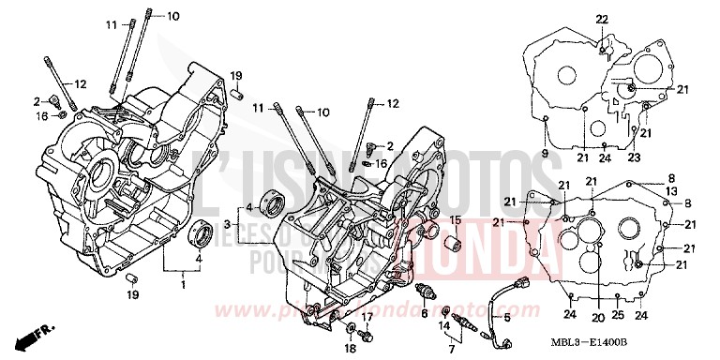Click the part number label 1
(x=184, y=283)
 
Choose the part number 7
(x=450, y=349)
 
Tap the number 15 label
(x=455, y=220)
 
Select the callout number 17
(x=367, y=316)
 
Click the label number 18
(x=350, y=349)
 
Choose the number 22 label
(x=600, y=20)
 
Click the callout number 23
(x=634, y=157)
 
